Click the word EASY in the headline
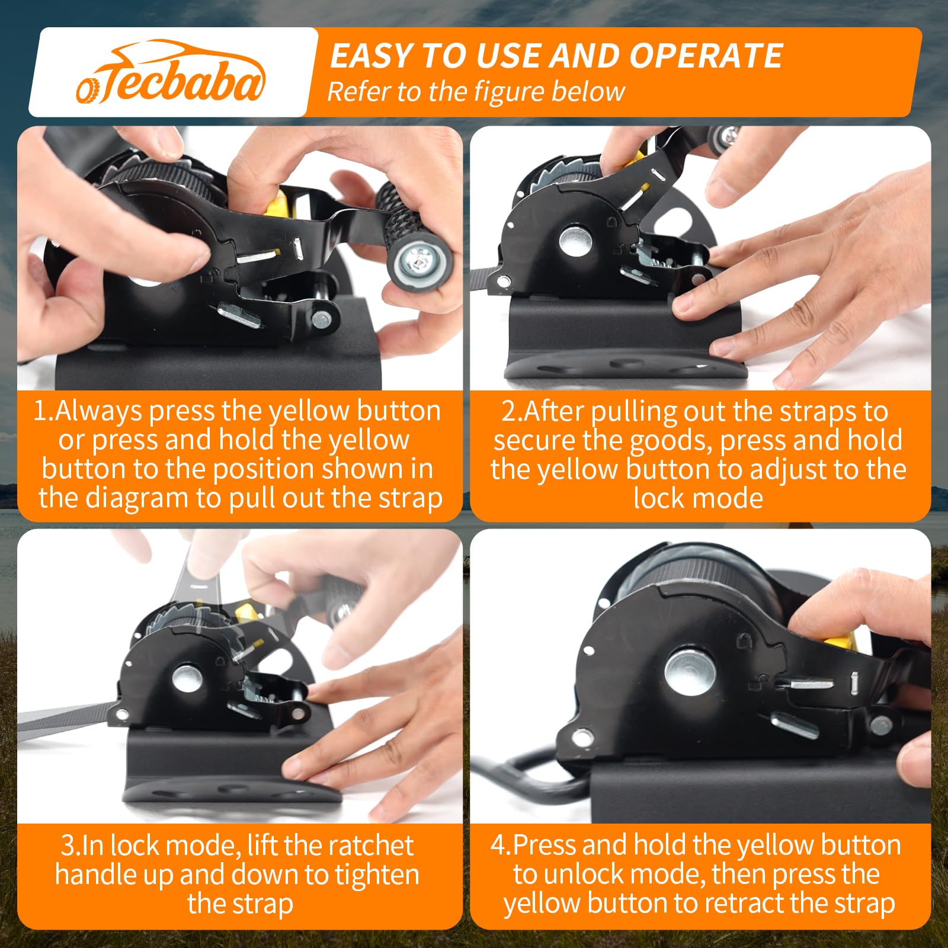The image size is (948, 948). point(370,56)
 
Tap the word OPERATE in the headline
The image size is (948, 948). point(706,56)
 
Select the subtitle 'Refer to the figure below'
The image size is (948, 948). point(476,92)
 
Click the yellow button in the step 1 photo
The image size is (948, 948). point(277,203)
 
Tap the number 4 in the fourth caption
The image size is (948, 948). point(498,845)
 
